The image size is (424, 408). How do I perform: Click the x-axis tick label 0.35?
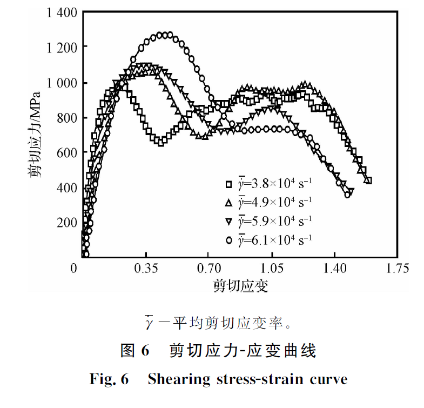pos(145,268)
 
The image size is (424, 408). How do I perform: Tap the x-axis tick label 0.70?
pos(208,268)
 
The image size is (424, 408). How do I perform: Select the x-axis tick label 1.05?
pos(272,268)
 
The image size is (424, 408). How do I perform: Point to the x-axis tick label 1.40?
pos(335,268)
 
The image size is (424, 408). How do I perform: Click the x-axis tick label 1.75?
pos(398,268)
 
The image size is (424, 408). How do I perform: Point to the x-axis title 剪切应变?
pos(240,285)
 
